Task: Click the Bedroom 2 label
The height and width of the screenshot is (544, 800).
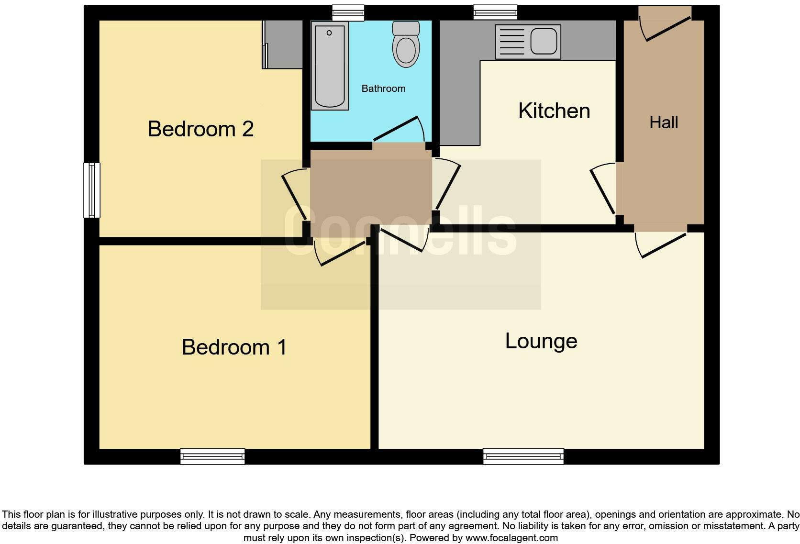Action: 200,129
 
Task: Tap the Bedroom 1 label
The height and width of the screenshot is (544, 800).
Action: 234,347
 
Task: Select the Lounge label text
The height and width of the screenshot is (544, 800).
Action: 541,341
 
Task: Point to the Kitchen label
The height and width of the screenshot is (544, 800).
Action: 554,111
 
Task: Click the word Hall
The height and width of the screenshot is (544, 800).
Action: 664,122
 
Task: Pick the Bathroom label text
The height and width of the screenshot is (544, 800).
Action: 383,89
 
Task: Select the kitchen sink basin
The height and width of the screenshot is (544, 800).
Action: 544,41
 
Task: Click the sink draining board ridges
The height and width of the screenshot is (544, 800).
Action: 512,42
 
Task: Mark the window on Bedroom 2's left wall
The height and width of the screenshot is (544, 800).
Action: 92,190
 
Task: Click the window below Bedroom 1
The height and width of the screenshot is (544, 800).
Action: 212,456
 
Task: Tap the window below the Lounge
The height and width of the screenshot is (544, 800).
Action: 523,456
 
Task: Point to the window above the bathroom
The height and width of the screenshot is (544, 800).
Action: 348,13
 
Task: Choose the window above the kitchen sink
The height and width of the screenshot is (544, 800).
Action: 495,12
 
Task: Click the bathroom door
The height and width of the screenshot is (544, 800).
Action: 398,129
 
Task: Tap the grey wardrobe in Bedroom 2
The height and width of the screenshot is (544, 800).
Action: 284,44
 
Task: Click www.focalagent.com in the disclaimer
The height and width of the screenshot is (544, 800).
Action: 511,538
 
